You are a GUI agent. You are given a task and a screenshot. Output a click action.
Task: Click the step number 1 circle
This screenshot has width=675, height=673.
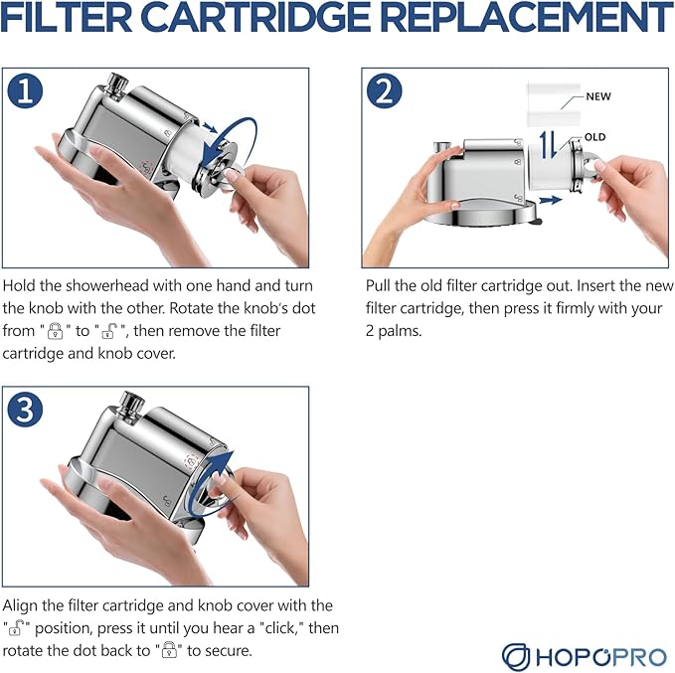[25, 90]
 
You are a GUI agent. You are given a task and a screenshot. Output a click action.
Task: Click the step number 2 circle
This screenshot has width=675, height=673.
[384, 90]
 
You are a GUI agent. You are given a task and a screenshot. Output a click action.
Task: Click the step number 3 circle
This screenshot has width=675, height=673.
[25, 409]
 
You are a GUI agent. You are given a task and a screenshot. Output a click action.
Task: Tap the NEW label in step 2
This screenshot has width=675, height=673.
[597, 96]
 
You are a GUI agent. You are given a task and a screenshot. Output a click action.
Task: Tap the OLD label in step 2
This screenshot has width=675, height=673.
[594, 137]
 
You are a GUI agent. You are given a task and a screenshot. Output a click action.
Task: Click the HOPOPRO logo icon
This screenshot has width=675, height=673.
[516, 657]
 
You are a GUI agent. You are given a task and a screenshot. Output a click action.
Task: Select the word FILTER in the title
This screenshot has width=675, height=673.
[67, 17]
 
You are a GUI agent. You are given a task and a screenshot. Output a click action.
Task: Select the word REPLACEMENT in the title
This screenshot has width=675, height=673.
[527, 17]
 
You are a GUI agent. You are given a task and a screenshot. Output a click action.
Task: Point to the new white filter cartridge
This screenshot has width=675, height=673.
[553, 104]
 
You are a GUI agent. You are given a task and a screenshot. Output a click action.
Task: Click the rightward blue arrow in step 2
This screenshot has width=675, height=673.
[551, 200]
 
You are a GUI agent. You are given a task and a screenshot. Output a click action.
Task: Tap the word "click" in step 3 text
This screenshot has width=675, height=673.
[278, 628]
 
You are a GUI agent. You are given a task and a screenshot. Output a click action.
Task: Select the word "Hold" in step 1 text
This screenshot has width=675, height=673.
[19, 286]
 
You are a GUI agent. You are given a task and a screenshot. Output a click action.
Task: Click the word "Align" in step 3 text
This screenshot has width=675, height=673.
[20, 606]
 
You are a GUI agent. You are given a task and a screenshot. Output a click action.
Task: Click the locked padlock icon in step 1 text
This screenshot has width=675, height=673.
[55, 331]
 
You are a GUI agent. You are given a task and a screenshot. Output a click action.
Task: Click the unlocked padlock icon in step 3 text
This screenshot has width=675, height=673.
[17, 628]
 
